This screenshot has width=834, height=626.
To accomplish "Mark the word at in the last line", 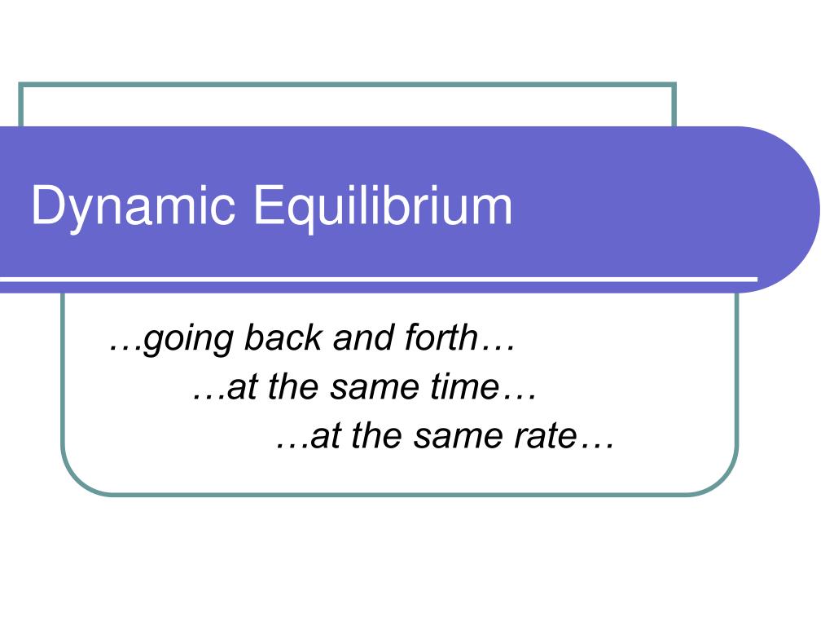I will point(323,437).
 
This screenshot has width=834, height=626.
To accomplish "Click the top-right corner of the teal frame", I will point(674,85).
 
